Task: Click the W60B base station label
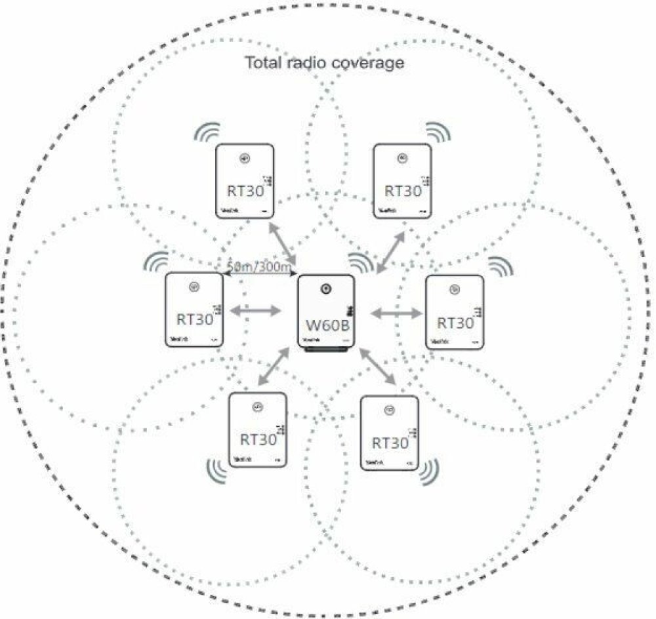coord(326,324)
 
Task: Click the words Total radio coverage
coord(324,63)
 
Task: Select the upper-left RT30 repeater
coord(245,180)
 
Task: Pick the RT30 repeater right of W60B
coord(455,313)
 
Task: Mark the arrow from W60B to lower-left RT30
coord(274,367)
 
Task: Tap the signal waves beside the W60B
coord(360,262)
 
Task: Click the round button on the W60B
coord(325,289)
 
